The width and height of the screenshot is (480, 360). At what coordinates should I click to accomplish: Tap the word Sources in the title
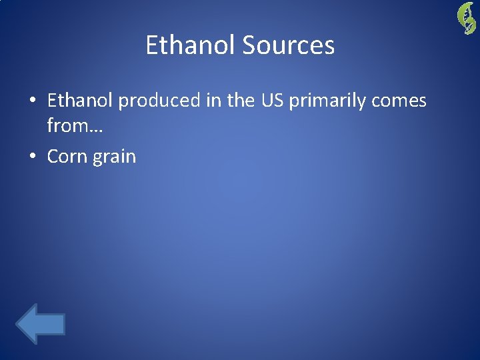pyautogui.click(x=288, y=45)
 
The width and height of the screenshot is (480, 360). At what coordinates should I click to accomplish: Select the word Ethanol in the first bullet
pyautogui.click(x=81, y=101)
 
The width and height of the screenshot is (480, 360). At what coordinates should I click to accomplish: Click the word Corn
pyautogui.click(x=66, y=157)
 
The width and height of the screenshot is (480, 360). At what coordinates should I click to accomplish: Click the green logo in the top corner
pyautogui.click(x=465, y=17)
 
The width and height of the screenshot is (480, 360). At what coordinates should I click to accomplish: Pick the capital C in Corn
pyautogui.click(x=53, y=157)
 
